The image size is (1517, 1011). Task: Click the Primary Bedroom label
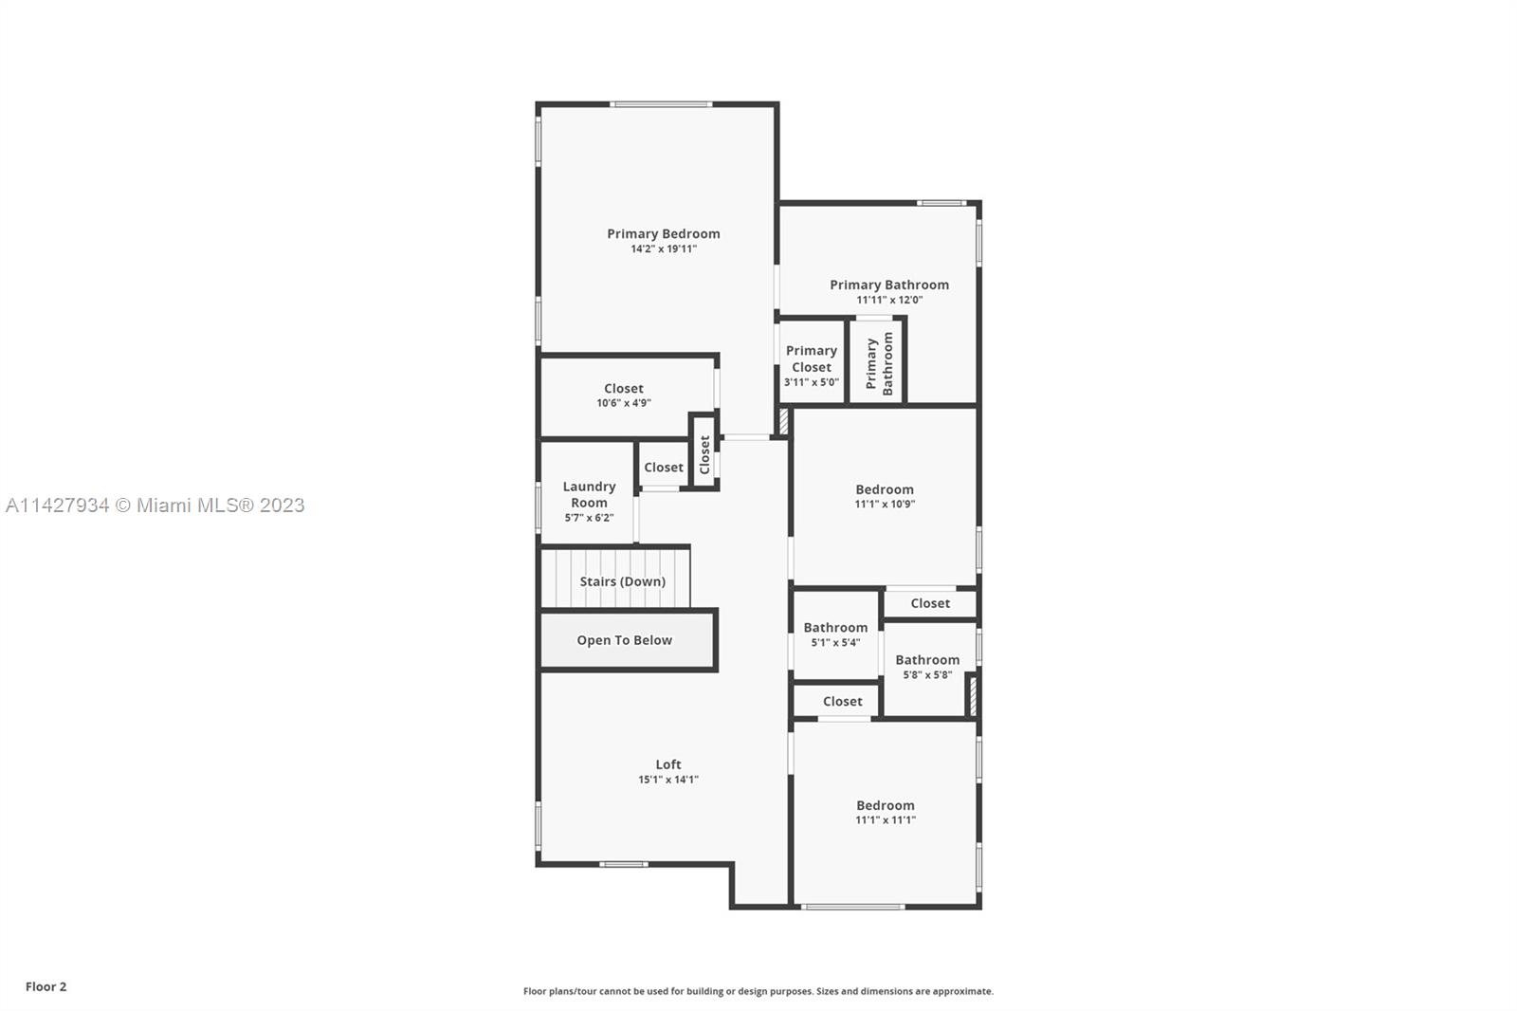click(663, 233)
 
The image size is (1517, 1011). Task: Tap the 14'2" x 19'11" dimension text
click(664, 248)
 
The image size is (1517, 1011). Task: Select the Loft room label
click(668, 764)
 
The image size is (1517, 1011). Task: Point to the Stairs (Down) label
click(622, 581)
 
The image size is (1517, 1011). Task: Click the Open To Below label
click(625, 640)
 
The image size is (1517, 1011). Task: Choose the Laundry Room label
click(589, 495)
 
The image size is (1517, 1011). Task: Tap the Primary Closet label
click(812, 358)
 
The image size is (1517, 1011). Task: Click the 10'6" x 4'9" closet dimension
click(624, 403)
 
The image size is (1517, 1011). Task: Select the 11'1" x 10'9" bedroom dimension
click(885, 505)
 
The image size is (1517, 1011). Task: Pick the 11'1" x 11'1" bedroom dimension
click(886, 820)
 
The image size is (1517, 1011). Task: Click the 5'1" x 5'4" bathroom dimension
click(835, 642)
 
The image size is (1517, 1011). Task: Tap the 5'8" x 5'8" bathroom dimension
click(927, 675)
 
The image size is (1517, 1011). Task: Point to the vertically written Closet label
click(704, 454)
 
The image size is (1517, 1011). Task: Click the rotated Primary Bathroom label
click(879, 364)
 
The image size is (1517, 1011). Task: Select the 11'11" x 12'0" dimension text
click(889, 301)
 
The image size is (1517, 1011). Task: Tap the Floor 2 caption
click(46, 986)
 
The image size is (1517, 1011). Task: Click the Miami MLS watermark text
click(155, 505)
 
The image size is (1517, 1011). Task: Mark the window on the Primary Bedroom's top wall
click(661, 104)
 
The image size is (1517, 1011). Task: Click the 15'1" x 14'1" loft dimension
click(668, 780)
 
